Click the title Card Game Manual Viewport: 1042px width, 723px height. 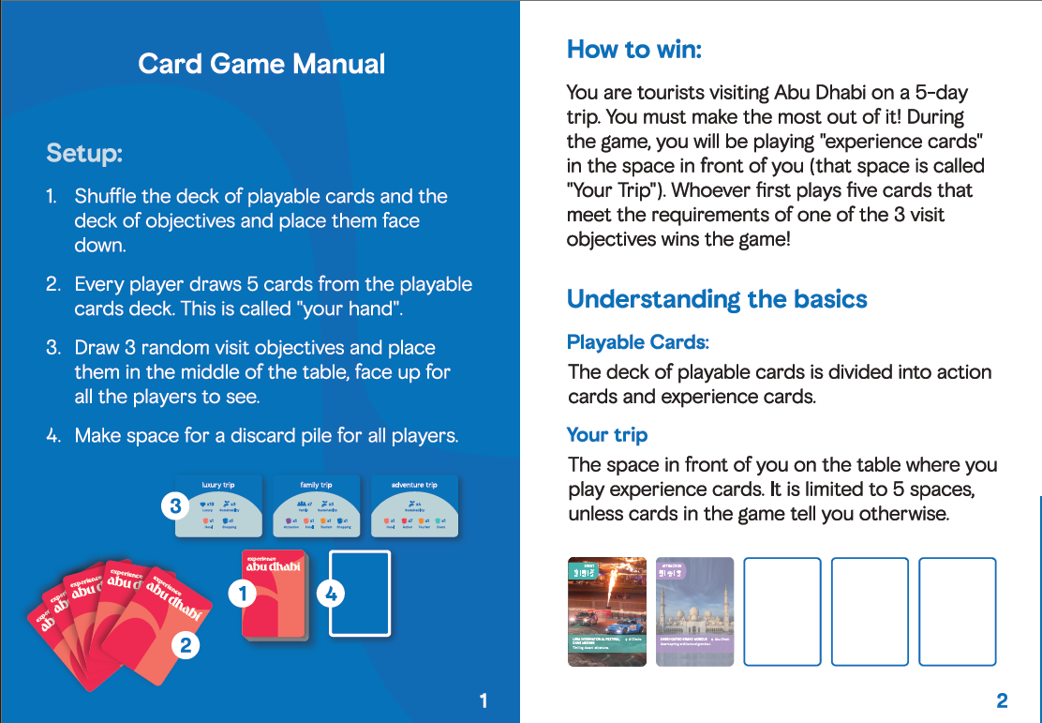(261, 64)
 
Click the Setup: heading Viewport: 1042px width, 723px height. (84, 153)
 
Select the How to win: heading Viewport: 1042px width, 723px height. (633, 49)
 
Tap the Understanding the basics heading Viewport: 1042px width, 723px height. (717, 299)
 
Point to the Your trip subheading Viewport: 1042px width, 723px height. (607, 435)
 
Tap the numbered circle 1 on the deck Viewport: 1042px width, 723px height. (244, 593)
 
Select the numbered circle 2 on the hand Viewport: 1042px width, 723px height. (186, 645)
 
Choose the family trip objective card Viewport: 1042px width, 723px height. (316, 507)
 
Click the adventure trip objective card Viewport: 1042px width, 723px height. (414, 507)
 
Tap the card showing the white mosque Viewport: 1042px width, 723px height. (694, 611)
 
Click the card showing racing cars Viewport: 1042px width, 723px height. (607, 611)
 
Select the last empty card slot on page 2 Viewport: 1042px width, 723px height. (957, 611)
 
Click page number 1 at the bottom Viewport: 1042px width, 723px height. (483, 700)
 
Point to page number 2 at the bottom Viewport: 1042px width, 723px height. (1002, 700)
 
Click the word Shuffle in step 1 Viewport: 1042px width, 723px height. (105, 197)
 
